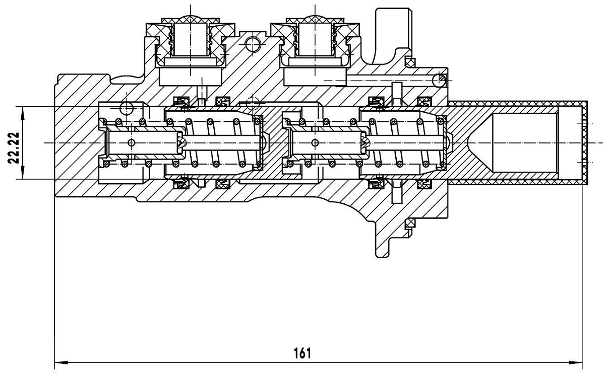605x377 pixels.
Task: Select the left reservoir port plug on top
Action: click(190, 38)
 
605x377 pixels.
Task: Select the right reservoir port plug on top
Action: click(315, 38)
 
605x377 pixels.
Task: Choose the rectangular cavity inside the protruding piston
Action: click(524, 142)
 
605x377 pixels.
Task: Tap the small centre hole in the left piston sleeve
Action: click(132, 143)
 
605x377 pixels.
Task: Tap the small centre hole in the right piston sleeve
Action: click(316, 143)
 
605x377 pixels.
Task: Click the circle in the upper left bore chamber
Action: click(126, 107)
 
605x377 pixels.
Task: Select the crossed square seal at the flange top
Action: click(410, 63)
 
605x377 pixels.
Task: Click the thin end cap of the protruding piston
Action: click(585, 142)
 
